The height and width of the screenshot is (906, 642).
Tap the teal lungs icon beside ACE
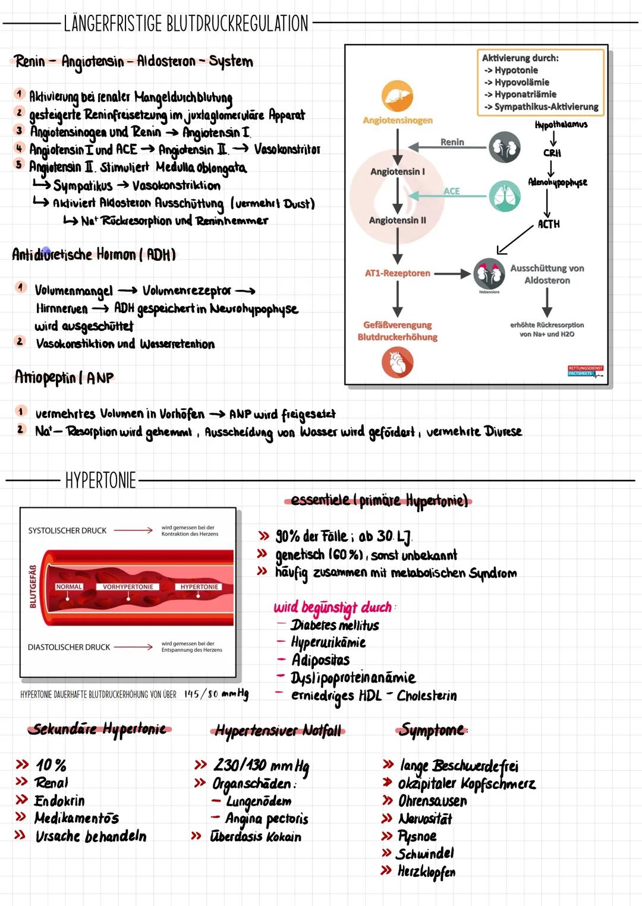(x=505, y=196)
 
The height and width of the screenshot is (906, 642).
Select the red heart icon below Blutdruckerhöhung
(x=398, y=363)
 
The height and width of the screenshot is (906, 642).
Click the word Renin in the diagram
(x=452, y=142)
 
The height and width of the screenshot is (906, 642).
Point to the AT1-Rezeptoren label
(x=398, y=273)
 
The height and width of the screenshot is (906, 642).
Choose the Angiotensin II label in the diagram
(x=398, y=220)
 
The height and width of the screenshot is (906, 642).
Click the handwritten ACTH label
(x=548, y=224)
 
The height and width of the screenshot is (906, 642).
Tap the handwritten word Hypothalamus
(x=561, y=125)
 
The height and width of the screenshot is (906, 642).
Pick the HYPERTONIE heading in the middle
(x=100, y=480)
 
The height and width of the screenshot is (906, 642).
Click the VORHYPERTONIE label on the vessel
(x=128, y=587)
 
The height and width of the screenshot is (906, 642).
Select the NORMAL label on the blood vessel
(x=69, y=587)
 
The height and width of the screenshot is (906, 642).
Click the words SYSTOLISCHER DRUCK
(x=67, y=531)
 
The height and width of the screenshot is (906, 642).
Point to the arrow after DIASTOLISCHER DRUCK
(x=134, y=647)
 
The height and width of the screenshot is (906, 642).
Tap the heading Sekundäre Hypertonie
(x=99, y=729)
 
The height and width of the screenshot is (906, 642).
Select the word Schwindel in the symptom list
(x=424, y=854)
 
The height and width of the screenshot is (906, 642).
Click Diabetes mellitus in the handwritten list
(x=335, y=626)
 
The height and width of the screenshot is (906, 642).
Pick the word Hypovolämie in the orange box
(x=521, y=83)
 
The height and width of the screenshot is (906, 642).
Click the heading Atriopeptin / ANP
(x=64, y=377)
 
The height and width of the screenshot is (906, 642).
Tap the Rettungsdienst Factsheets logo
(x=586, y=371)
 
